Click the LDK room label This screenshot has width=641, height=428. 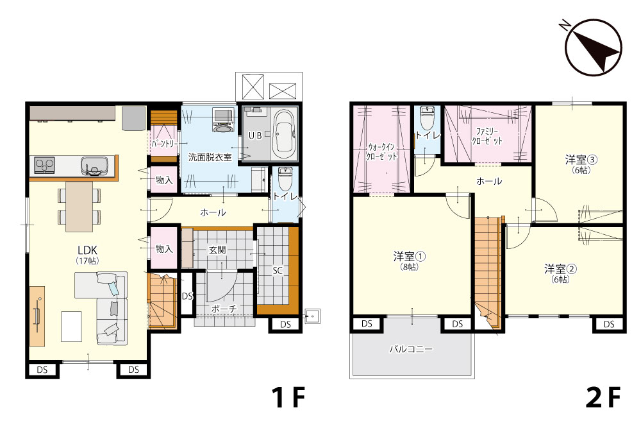pos(87,250)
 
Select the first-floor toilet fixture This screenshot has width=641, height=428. pos(285,177)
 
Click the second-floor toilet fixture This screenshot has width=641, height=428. pos(427,118)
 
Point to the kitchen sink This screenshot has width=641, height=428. pos(94,166)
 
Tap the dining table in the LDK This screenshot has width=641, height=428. pos(79,207)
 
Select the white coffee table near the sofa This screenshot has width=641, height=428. pos(71,327)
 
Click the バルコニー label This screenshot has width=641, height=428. pos(411,349)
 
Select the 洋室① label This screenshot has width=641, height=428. pos(410,256)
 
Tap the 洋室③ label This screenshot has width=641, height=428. pos(581,159)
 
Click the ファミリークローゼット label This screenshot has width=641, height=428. pos(487,136)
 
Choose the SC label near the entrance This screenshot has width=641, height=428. pos(278,270)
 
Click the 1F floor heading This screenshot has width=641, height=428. pos(289,397)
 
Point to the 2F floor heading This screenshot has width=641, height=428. pos(603,397)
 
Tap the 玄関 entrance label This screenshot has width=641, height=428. pos(217,249)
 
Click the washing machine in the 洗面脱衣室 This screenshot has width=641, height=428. pos(223,119)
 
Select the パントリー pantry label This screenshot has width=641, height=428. pos(164,144)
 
